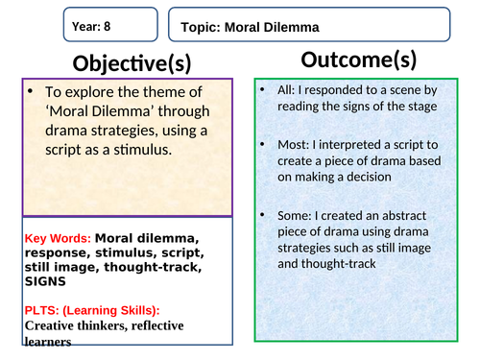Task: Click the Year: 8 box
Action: click(x=108, y=26)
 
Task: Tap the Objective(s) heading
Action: click(x=132, y=63)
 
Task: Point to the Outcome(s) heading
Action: click(x=358, y=60)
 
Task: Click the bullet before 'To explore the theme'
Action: click(x=32, y=92)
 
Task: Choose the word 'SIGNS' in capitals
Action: click(x=48, y=281)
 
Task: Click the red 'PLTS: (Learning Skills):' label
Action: click(x=92, y=309)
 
